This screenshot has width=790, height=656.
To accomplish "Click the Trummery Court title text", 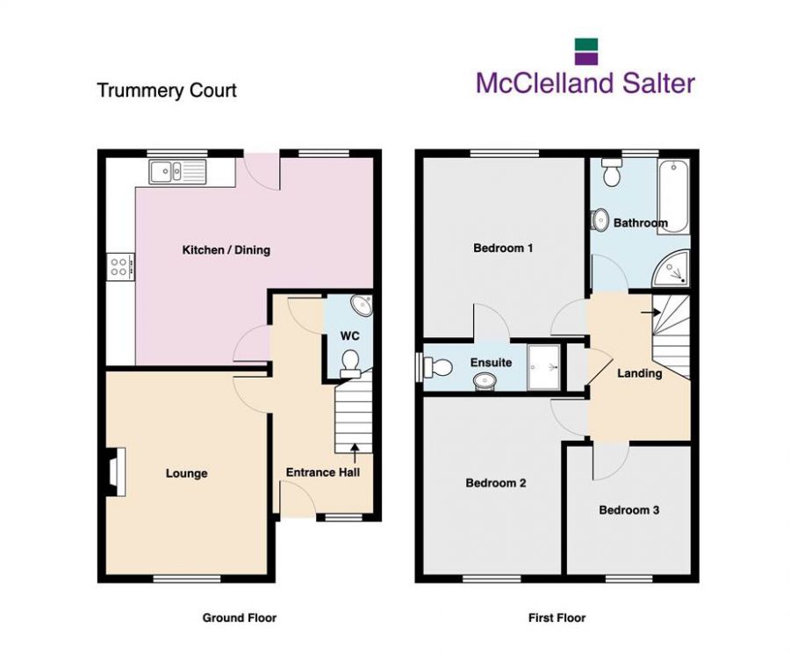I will pyautogui.click(x=167, y=90).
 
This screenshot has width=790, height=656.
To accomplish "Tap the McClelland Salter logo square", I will pyautogui.click(x=585, y=51).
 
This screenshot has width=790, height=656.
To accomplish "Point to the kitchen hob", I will pyautogui.click(x=120, y=266).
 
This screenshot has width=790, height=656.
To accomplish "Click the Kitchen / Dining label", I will pyautogui.click(x=226, y=250).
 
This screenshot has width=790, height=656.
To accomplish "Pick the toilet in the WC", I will pyautogui.click(x=351, y=362).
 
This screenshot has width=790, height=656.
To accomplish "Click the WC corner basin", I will pyautogui.click(x=362, y=306).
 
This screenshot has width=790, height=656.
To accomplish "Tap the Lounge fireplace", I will pyautogui.click(x=115, y=471).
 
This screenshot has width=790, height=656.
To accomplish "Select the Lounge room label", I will pyautogui.click(x=187, y=474).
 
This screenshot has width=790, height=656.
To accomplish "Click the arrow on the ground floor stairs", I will pyautogui.click(x=355, y=452).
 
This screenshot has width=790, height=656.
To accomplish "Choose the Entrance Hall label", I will pyautogui.click(x=323, y=472).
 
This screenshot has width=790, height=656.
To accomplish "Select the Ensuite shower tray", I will pyautogui.click(x=544, y=367).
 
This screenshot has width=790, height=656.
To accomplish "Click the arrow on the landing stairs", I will pyautogui.click(x=650, y=310).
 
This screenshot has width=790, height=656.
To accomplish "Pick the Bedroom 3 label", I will pyautogui.click(x=629, y=510).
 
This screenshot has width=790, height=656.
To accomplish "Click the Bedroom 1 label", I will pyautogui.click(x=503, y=249).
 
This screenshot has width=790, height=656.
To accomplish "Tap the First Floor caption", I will pyautogui.click(x=557, y=618).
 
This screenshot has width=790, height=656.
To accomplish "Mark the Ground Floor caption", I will pyautogui.click(x=240, y=618).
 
